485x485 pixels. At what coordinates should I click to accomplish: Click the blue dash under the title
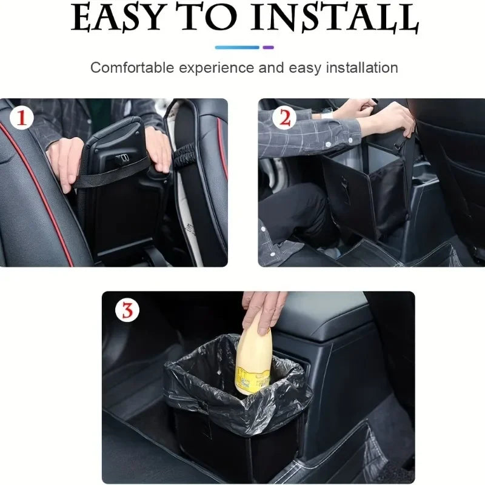[237, 47]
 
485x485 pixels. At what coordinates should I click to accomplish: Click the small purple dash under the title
[268, 47]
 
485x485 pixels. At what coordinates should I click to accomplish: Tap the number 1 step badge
[21, 118]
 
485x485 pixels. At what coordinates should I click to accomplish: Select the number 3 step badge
[127, 310]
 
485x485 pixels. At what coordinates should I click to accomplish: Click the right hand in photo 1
[159, 149]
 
